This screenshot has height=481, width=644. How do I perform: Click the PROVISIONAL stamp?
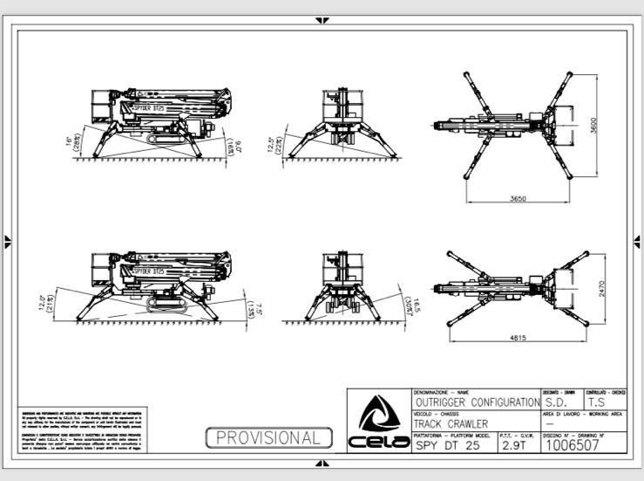pyautogui.click(x=268, y=437)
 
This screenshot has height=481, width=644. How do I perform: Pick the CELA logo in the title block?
pyautogui.click(x=378, y=423)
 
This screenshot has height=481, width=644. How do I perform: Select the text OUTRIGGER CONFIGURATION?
pyautogui.click(x=476, y=402)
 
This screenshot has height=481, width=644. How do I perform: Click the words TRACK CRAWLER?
pyautogui.click(x=451, y=423)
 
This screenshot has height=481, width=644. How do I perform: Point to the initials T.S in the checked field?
pyautogui.click(x=597, y=402)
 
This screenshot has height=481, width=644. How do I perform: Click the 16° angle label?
pyautogui.click(x=66, y=138)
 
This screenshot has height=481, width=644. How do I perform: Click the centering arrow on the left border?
pyautogui.click(x=8, y=241)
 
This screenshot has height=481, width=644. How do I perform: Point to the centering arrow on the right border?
pyautogui.click(x=637, y=241)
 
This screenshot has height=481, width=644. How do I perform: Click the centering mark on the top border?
pyautogui.click(x=322, y=19)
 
